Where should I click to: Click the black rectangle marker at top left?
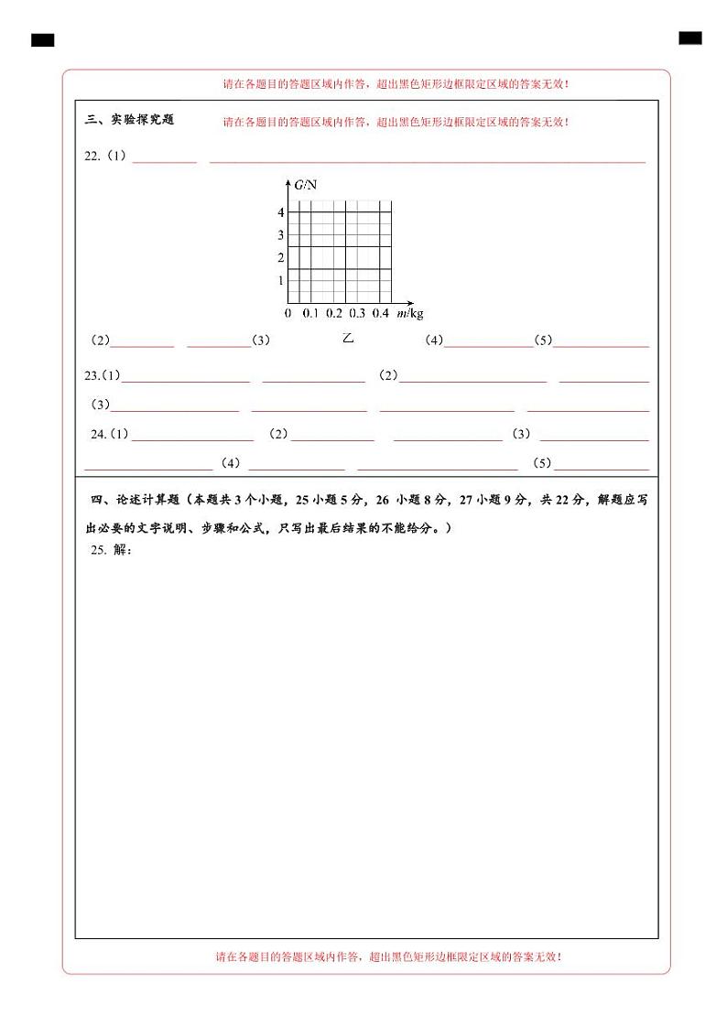(42, 40)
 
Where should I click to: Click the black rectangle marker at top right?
(690, 38)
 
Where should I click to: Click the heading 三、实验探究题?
(129, 120)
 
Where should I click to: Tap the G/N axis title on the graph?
(306, 185)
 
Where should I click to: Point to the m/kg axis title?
(410, 314)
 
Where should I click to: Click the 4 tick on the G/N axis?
(281, 212)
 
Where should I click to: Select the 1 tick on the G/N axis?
(281, 280)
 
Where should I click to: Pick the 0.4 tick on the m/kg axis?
(381, 314)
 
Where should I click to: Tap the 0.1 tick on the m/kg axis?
(310, 314)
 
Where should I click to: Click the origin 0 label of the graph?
(288, 314)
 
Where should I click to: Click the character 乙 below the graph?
(348, 338)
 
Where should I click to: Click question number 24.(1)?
(110, 434)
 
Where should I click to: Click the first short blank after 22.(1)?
(165, 159)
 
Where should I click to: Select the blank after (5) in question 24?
(602, 465)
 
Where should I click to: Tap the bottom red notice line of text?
(388, 957)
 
